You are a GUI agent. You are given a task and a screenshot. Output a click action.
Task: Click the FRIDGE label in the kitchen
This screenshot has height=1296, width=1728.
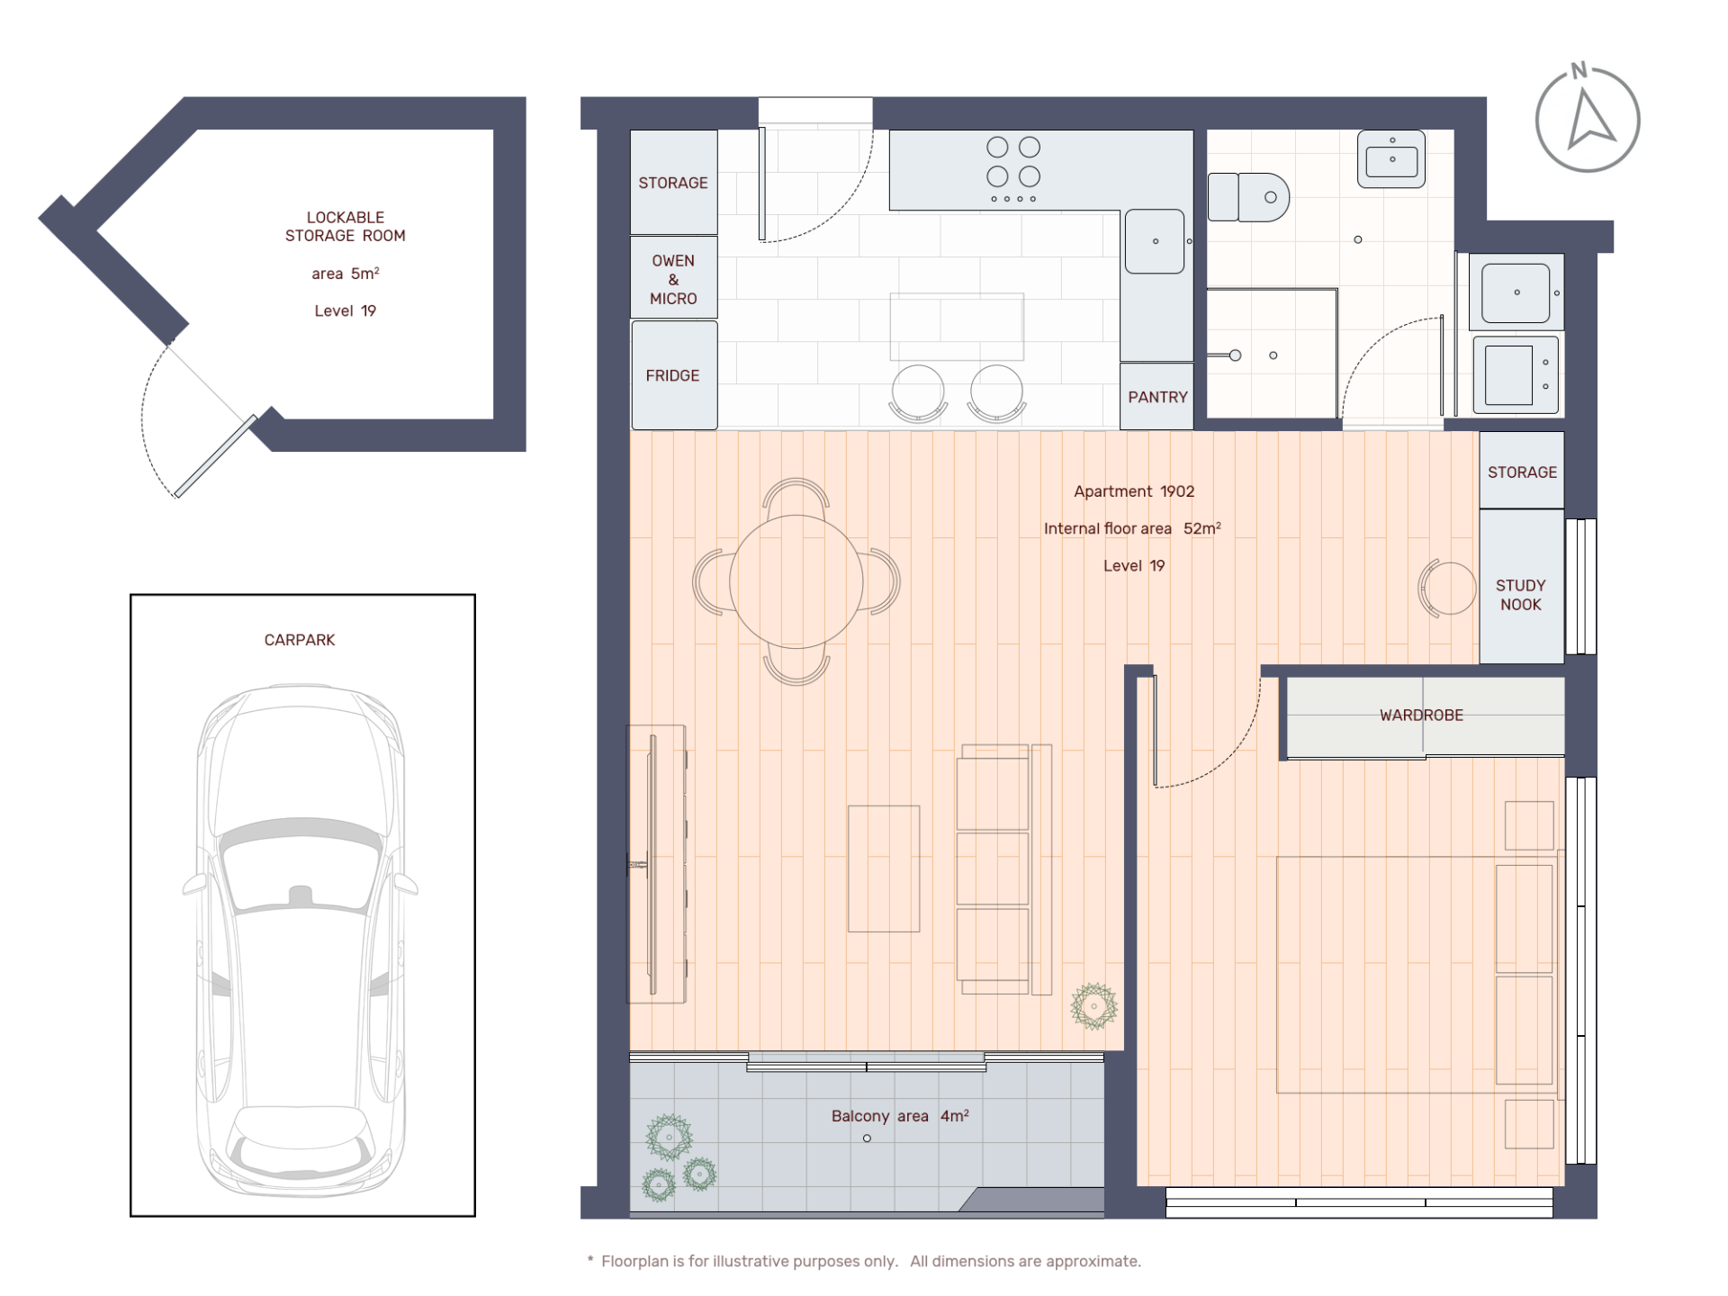[x=672, y=375]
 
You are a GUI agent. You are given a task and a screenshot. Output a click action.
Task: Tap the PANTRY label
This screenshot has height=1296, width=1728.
[x=1157, y=397]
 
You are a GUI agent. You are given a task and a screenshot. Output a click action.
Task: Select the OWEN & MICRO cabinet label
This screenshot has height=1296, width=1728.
[x=673, y=279]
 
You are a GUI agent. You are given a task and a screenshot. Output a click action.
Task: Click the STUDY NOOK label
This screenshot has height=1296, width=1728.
[x=1521, y=595]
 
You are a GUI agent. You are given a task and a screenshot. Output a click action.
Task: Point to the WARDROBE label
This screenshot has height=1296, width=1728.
[x=1421, y=715]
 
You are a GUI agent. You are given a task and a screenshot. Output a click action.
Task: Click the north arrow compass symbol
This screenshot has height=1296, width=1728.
[x=1588, y=117]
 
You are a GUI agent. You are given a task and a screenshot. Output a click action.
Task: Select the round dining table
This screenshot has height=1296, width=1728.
[x=796, y=581]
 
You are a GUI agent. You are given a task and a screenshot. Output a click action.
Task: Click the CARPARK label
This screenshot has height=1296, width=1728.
[x=300, y=640]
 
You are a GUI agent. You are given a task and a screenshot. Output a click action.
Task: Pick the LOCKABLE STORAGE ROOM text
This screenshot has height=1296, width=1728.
[x=346, y=226]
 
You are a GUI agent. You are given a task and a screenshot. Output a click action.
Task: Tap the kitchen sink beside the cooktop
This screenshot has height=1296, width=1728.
[x=1155, y=241]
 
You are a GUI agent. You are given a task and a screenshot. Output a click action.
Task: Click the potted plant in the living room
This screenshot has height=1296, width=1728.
[x=1093, y=1006]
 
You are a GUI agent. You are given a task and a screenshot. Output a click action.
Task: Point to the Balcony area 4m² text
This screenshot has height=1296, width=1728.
[x=900, y=1116]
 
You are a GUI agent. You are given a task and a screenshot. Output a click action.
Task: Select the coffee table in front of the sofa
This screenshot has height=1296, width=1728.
[x=884, y=868]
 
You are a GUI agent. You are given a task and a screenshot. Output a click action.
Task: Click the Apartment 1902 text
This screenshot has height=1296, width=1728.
[x=1134, y=491]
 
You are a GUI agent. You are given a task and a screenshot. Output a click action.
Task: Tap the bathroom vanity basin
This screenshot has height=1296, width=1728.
[x=1391, y=159]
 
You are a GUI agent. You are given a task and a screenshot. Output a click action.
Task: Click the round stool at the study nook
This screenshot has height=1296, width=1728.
[x=1447, y=588]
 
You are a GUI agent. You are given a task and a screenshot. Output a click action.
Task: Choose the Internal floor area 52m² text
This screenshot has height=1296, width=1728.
[x=1132, y=528]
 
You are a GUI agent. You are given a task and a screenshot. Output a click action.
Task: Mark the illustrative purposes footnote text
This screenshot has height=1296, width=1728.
[x=864, y=1262]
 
